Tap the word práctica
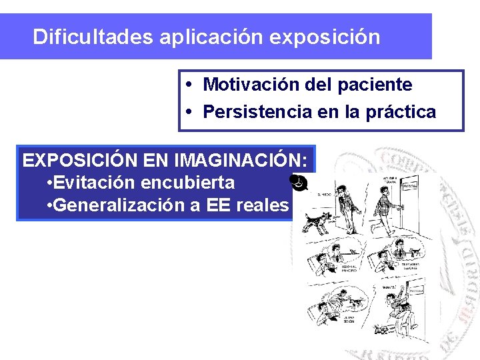coord(401,112)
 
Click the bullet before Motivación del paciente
coord(191,85)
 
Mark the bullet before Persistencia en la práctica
coord(191,112)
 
